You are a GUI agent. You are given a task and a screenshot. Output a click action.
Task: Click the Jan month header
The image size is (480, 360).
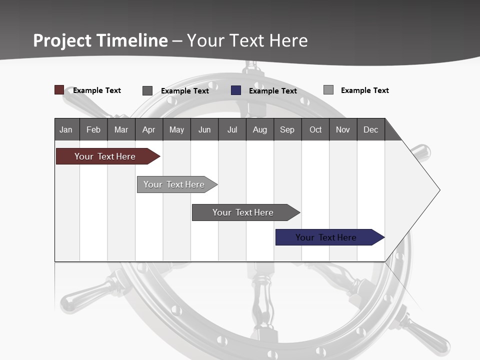[x=66, y=129]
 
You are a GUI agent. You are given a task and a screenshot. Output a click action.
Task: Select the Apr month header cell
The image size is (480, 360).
[x=149, y=129]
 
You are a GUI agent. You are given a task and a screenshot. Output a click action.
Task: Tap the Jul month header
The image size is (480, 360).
[x=232, y=129]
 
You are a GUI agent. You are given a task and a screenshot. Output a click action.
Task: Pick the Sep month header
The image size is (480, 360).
[x=287, y=129]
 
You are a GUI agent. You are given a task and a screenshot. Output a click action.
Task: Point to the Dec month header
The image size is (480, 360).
[x=371, y=129]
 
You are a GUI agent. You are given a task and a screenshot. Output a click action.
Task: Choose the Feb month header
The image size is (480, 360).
[x=93, y=129]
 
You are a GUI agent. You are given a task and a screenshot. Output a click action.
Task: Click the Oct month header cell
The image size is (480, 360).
[x=315, y=129]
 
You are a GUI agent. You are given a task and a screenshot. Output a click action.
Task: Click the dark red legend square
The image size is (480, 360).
[x=59, y=90]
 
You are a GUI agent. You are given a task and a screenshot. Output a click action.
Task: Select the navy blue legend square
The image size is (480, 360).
[x=236, y=90]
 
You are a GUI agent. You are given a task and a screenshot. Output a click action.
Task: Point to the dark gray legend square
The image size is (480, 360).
[x=147, y=90]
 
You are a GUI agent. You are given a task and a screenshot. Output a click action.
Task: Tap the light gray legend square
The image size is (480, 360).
[x=328, y=90]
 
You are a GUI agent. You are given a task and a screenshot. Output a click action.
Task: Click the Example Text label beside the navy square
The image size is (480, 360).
[x=273, y=91]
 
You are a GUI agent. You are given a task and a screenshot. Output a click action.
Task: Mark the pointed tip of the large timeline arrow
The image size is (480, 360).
[x=439, y=190]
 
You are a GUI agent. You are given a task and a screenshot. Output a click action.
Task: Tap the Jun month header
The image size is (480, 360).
[x=204, y=129]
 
